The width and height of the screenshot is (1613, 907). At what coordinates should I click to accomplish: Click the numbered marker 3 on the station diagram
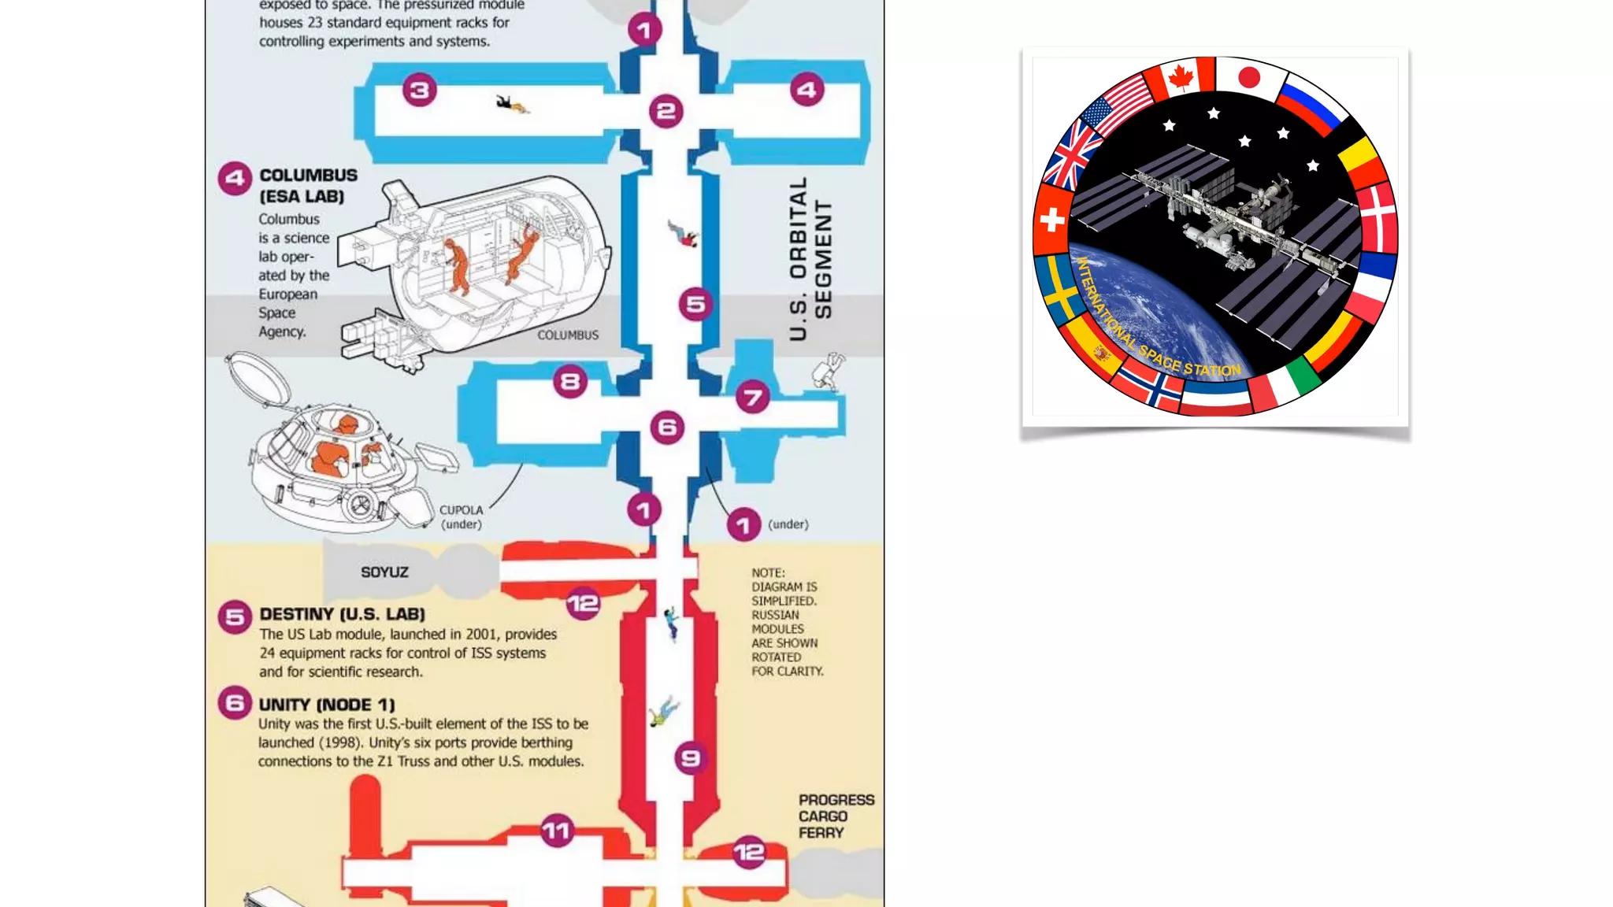click(420, 91)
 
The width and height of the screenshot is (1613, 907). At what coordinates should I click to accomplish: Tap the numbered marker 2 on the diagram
click(666, 111)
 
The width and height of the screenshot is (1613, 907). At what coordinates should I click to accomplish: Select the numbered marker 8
click(570, 383)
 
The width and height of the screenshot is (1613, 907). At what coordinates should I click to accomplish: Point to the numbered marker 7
click(753, 397)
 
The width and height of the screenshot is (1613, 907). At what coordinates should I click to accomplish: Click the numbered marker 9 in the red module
click(691, 758)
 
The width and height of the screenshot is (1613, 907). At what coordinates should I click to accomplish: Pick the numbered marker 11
click(557, 831)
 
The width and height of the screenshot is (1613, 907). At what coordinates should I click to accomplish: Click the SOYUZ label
click(384, 572)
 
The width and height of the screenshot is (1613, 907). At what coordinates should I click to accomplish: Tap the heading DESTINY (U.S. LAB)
click(342, 614)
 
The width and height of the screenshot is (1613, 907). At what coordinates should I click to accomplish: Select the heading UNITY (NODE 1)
click(327, 705)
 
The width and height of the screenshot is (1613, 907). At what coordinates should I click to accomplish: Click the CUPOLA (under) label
click(461, 517)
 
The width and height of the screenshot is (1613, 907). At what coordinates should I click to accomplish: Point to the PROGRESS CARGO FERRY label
click(836, 816)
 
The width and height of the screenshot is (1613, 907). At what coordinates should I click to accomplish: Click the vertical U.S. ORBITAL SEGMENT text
click(810, 258)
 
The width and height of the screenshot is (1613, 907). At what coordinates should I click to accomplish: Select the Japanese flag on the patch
click(1249, 77)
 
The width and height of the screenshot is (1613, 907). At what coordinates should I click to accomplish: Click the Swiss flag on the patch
click(1051, 220)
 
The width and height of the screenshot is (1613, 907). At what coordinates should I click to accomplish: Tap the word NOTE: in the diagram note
click(768, 573)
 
